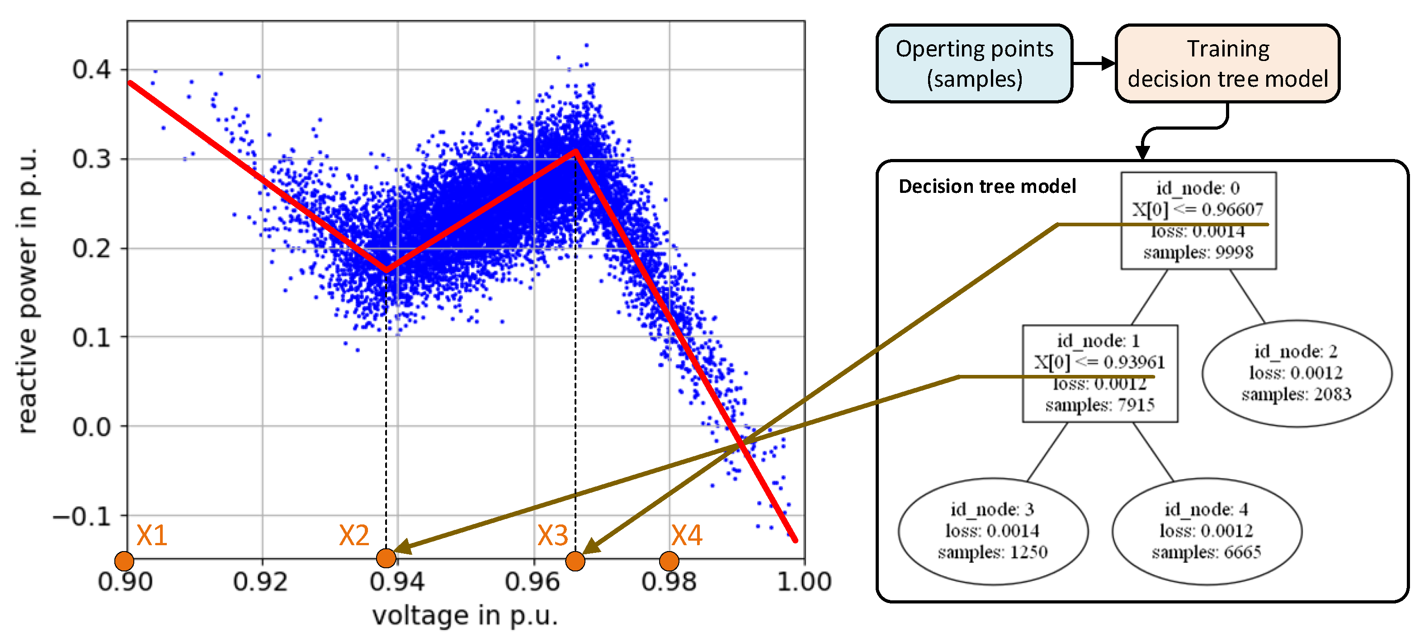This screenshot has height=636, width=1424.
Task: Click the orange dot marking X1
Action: pyautogui.click(x=124, y=561)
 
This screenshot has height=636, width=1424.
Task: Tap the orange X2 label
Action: pyautogui.click(x=354, y=535)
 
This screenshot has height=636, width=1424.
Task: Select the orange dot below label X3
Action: pyautogui.click(x=575, y=561)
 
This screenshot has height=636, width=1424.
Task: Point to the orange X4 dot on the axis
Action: pyautogui.click(x=669, y=561)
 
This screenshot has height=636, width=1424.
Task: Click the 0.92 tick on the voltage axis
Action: pyautogui.click(x=260, y=582)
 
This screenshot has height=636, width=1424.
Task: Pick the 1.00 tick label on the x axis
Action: pyautogui.click(x=804, y=582)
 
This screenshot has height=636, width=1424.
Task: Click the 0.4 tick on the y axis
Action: pyautogui.click(x=91, y=70)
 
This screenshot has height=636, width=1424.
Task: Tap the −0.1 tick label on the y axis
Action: pyautogui.click(x=82, y=517)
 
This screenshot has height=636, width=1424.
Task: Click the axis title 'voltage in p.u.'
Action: pyautogui.click(x=465, y=615)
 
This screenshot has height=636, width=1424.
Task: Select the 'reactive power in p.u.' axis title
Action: pyautogui.click(x=28, y=290)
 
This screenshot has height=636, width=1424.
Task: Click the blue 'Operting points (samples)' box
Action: pyautogui.click(x=974, y=64)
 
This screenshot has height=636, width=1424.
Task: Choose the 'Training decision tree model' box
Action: pyautogui.click(x=1227, y=64)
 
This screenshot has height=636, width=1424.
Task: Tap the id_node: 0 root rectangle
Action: pyautogui.click(x=1198, y=220)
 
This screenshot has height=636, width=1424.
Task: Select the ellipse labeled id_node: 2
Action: pyautogui.click(x=1297, y=373)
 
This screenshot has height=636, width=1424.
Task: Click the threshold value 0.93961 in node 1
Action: pyautogui.click(x=1134, y=362)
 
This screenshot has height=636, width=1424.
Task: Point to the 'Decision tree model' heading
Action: pyautogui.click(x=987, y=186)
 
